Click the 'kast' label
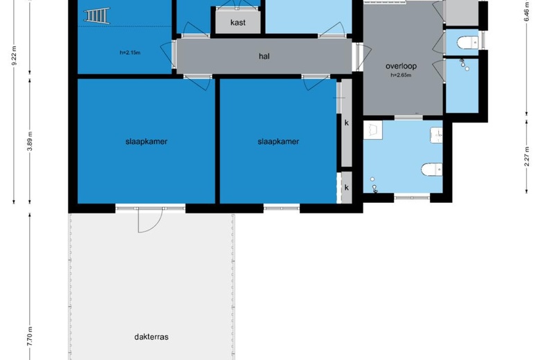(238, 22)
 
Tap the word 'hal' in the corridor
(264, 56)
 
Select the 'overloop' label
(401, 66)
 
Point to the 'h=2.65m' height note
(401, 75)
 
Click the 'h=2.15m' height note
(130, 53)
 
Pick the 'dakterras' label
(152, 336)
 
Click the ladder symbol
(97, 15)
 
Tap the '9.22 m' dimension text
(14, 55)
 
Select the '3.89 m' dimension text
(30, 141)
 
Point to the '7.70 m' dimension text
(30, 336)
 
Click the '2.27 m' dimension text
(527, 156)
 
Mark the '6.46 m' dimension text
(527, 12)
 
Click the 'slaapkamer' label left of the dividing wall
(146, 141)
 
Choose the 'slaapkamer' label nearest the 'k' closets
(278, 141)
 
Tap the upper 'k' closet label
(346, 123)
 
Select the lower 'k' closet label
(346, 187)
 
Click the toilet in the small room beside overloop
(467, 43)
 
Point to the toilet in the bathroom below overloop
(432, 169)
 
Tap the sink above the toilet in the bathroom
(436, 136)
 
